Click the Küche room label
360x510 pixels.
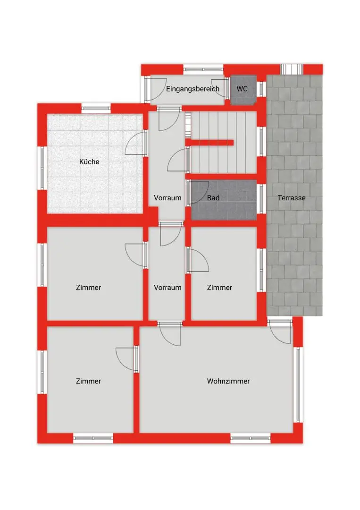coord(89,161)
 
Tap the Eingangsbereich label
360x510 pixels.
coord(193,89)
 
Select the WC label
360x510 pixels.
coord(242,89)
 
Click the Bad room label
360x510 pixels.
coord(213,198)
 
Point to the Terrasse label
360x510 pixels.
coord(292,198)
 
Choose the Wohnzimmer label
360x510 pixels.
coord(228,381)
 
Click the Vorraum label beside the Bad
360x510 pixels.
coord(167,198)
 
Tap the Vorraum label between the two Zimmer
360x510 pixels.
coord(167,288)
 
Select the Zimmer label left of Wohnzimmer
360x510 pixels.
coord(88,381)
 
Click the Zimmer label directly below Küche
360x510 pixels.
coord(88,288)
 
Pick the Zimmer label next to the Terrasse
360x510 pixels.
coord(220,288)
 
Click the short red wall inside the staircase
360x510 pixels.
coord(209,143)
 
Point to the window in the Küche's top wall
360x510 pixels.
coord(96,108)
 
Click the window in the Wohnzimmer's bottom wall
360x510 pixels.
coord(250,438)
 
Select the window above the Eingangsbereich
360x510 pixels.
coord(203,69)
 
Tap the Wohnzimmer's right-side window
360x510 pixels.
coord(298,385)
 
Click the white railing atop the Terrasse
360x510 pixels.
coord(292,69)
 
